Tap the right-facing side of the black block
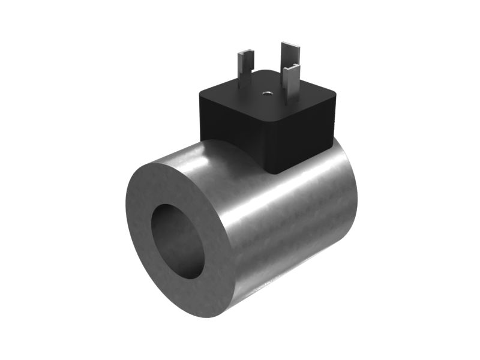[x=306, y=138]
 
